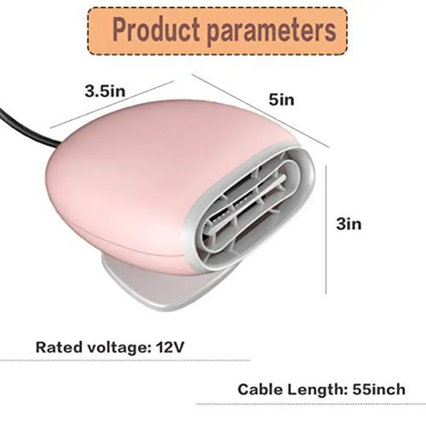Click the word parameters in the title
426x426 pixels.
point(272,31)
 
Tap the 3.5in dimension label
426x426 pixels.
point(105,91)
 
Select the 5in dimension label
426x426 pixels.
point(282,100)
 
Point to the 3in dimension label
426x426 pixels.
point(349,224)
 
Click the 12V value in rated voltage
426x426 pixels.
point(170,347)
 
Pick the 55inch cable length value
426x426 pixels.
point(379,389)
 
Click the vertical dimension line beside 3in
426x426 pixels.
point(326,230)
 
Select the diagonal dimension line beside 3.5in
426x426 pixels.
point(112,104)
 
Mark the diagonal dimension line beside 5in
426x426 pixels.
point(261,111)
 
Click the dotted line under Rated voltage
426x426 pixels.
point(125,361)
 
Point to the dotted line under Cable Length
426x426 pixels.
point(311,404)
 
